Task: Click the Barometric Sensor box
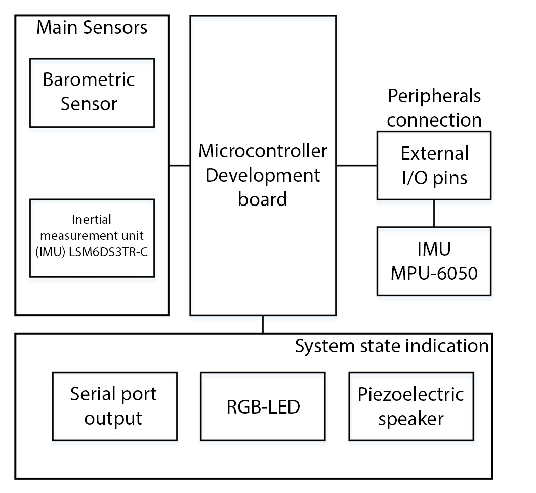coord(92,92)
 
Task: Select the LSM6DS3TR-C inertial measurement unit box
coord(92,238)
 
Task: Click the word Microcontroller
coord(262,151)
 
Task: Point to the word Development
coord(262,175)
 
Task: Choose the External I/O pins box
coord(434,165)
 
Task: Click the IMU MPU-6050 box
coord(434,261)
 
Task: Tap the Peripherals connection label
coord(434,107)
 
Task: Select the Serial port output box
coord(114,406)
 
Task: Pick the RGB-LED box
coord(263,406)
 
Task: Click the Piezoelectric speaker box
coord(410,406)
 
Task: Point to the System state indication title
coord(392,346)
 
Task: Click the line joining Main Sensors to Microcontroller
coord(179,165)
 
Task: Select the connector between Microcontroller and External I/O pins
coord(356,165)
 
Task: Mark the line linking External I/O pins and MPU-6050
coord(434,213)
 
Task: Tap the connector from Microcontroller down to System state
coord(263,324)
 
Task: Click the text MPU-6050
coord(434,273)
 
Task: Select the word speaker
coord(410,419)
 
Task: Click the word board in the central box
coord(262,199)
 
